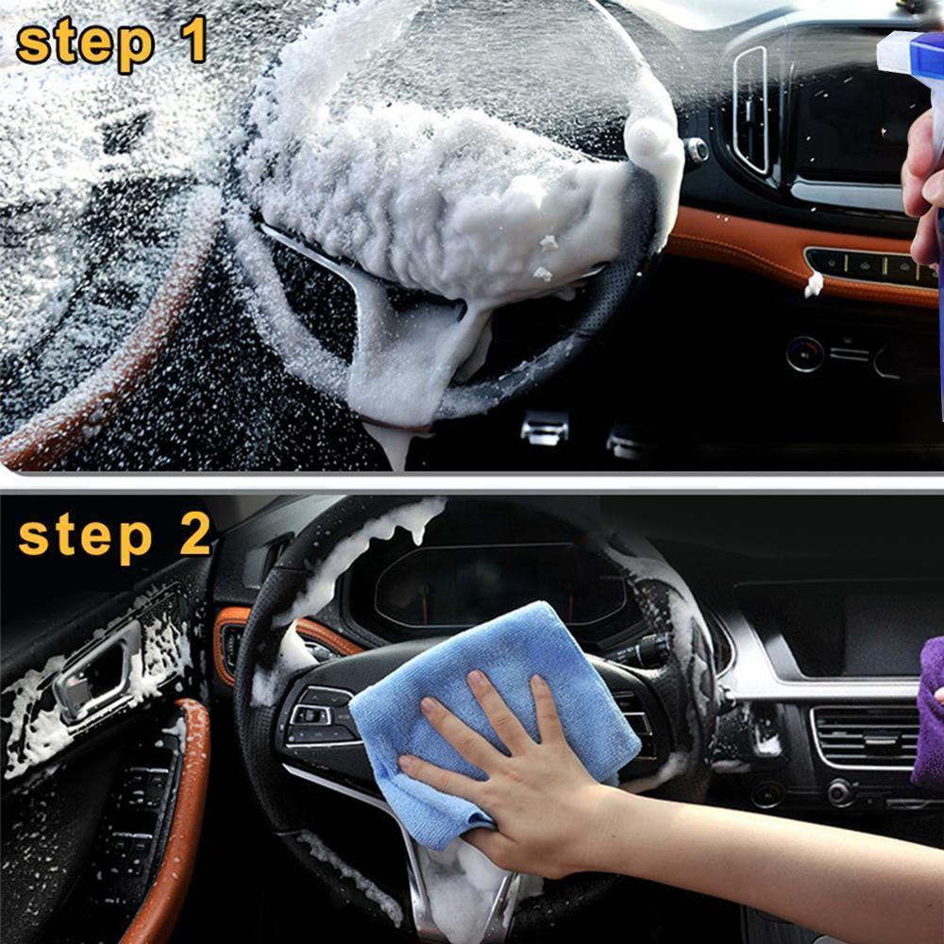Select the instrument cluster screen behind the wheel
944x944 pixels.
pos(491,585)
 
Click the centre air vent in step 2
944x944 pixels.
pos(864,736)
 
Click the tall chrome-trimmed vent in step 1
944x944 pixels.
pos(750,109)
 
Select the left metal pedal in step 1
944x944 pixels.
pos(545,430)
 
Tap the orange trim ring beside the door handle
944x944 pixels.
pos(231,642)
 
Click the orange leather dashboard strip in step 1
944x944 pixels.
pos(746,245)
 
